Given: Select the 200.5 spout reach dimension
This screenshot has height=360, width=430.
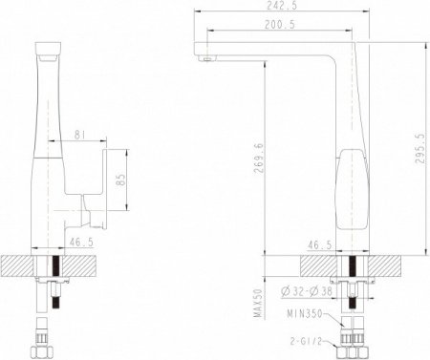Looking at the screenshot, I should click(x=278, y=25).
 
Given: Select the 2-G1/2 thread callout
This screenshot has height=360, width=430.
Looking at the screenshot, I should click(x=307, y=337).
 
